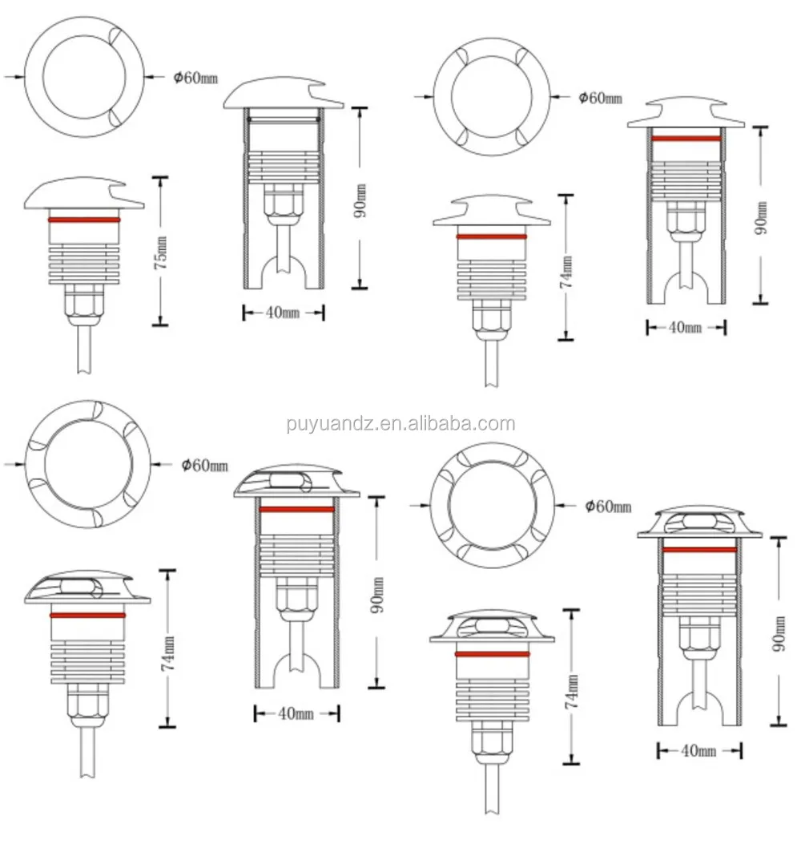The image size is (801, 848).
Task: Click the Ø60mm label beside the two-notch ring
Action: coord(195,77)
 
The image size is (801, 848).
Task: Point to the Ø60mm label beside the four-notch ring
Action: coord(600,98)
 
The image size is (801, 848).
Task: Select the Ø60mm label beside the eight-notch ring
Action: coord(608,506)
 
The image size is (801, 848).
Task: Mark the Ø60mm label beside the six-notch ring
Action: coord(205,466)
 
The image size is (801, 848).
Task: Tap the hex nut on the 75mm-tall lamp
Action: coord(84,301)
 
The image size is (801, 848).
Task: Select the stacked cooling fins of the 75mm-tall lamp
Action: coord(84,260)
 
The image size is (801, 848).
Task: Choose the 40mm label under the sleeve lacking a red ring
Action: coord(283,313)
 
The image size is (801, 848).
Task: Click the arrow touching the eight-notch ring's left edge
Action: coord(420,504)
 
